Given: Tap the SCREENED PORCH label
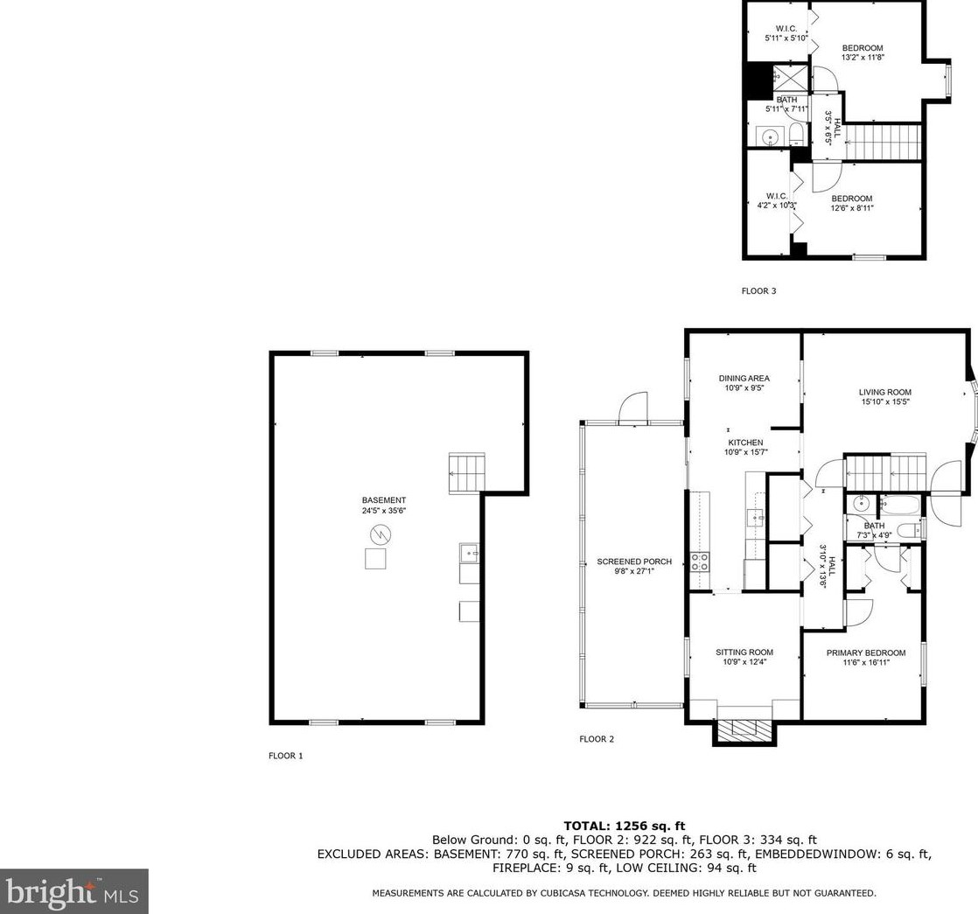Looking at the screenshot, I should pos(622,562).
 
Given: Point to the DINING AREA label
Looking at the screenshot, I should pos(744,379).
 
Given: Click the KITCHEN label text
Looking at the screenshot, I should pos(744,443).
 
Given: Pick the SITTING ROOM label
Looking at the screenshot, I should pos(744,652).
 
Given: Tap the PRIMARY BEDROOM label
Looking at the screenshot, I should pos(865,652).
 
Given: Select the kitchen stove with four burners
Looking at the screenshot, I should pos(701,562).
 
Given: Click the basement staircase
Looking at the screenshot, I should pos(466,474).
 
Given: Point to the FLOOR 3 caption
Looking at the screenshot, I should pos(758,291).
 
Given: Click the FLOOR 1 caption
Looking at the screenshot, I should pos(285,756).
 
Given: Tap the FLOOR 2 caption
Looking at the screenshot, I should pos(597,739).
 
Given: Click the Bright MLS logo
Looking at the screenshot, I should pos(73,891).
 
